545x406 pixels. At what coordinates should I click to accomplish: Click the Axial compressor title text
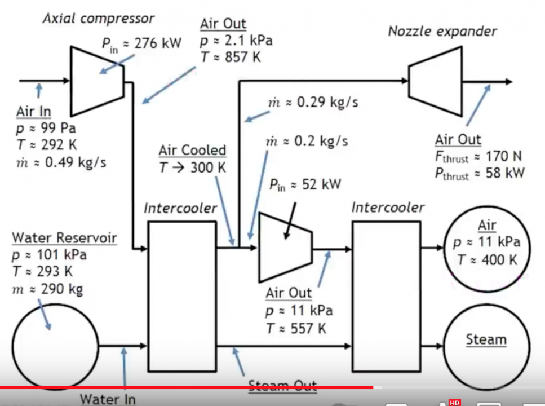(x=99, y=19)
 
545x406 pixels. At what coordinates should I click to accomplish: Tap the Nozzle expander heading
(x=442, y=31)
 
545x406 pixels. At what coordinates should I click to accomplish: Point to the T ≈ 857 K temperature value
(x=230, y=56)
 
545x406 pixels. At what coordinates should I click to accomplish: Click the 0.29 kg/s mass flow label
(x=313, y=103)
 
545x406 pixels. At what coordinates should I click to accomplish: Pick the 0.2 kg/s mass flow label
(x=307, y=141)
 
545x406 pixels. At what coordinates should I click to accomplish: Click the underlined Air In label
(x=34, y=112)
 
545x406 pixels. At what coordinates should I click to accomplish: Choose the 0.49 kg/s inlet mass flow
(x=61, y=162)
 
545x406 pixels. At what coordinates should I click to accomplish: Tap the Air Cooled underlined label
(x=192, y=151)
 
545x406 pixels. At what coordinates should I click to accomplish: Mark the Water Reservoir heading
(x=64, y=238)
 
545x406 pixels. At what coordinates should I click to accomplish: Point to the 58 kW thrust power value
(x=479, y=173)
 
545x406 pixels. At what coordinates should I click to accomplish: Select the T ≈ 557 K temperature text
(x=299, y=328)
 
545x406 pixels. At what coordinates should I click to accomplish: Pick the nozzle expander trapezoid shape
(x=436, y=82)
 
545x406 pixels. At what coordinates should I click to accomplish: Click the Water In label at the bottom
(x=108, y=399)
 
